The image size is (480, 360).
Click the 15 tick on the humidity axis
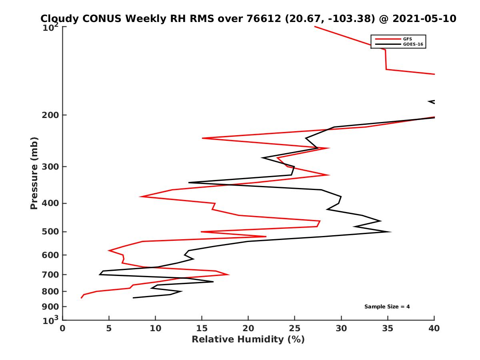click(x=202, y=328)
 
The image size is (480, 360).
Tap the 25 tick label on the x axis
click(x=295, y=328)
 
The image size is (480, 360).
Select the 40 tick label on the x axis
click(x=434, y=328)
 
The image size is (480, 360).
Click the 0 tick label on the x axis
click(x=63, y=328)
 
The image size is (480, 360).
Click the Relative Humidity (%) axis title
click(x=248, y=340)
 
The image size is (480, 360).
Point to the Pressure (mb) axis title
click(x=34, y=173)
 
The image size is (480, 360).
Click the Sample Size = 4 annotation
click(x=387, y=307)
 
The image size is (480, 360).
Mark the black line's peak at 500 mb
click(x=390, y=232)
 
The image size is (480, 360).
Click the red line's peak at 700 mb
click(x=228, y=274)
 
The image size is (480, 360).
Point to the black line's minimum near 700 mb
click(x=100, y=274)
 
